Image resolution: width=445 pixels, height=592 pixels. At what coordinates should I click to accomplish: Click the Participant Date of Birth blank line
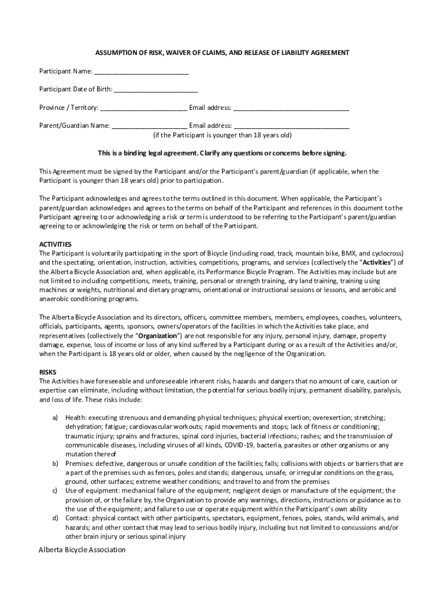(x=155, y=90)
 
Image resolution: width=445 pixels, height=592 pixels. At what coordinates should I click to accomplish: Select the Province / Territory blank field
(x=143, y=108)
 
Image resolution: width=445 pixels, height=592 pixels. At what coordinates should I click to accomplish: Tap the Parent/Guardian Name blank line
(x=149, y=125)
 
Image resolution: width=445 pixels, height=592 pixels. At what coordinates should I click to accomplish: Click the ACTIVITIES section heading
(x=55, y=245)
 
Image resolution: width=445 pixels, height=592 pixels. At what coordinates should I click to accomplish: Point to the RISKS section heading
(x=47, y=372)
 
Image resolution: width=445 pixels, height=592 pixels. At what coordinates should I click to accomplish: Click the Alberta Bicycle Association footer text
(x=82, y=550)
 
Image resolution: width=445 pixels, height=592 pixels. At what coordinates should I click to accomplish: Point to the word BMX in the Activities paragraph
(x=349, y=253)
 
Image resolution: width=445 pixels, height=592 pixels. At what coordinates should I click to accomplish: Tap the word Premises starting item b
(x=79, y=463)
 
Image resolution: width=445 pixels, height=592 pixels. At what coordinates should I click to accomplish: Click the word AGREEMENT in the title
(x=329, y=53)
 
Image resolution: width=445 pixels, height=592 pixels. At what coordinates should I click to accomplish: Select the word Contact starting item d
(x=77, y=518)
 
